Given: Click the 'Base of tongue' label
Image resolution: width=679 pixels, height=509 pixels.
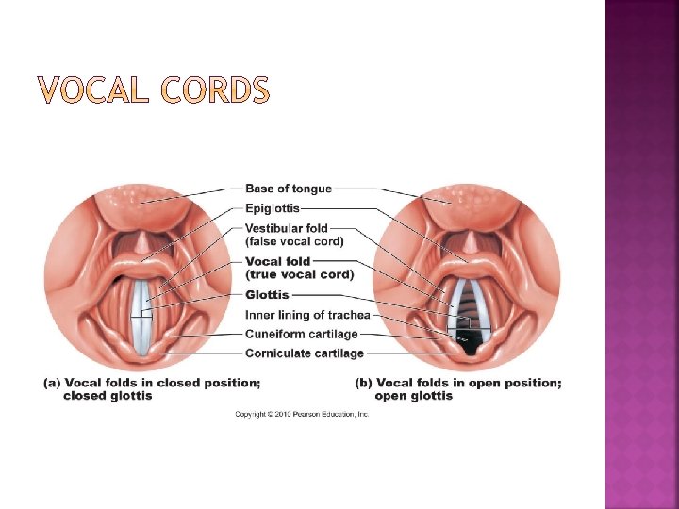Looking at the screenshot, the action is point(289,189).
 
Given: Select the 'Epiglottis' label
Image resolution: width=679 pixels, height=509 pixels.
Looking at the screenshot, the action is point(273,208).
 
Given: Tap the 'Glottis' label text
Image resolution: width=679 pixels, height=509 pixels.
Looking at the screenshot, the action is point(267,295).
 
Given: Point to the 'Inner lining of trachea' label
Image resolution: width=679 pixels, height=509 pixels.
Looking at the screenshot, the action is point(307,315).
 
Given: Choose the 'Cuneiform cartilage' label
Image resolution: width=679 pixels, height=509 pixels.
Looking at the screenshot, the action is point(301,334).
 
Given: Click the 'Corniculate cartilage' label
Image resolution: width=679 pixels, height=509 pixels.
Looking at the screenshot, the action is point(304,353).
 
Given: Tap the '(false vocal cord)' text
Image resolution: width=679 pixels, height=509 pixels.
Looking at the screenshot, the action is point(294,241).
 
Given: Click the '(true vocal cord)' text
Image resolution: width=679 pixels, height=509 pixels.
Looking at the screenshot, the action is point(299,274).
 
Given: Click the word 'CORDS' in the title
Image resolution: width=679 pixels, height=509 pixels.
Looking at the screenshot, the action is point(215,91).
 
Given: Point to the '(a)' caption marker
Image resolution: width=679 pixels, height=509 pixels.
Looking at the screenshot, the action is point(53,383).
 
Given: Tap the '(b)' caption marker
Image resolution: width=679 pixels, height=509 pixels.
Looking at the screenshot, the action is point(363,383).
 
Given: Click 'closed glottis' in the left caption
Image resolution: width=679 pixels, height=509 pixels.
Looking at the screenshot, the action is point(108,396).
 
